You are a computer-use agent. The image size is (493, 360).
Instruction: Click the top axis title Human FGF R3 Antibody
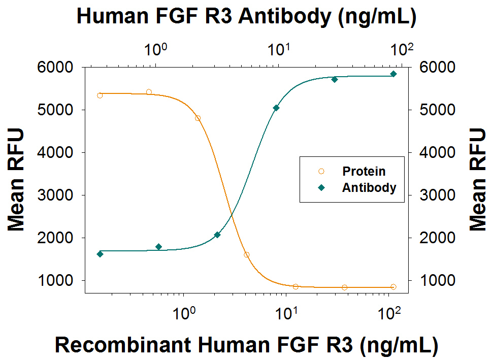(x=246, y=17)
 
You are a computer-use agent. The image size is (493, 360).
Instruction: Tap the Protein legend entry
(x=364, y=171)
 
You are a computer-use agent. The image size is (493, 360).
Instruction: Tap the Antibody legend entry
(x=369, y=187)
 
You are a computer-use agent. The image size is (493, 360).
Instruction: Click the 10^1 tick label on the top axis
(x=279, y=50)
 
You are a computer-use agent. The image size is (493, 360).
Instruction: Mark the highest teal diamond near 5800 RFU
(x=393, y=74)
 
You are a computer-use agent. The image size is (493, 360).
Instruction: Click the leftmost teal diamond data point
(x=100, y=254)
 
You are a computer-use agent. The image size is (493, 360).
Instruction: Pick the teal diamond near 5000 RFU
(x=276, y=108)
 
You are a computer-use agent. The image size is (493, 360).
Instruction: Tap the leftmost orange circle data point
(x=100, y=95)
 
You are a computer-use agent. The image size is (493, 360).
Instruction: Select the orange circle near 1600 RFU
(x=247, y=255)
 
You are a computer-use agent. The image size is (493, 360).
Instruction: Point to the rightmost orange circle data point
(x=393, y=287)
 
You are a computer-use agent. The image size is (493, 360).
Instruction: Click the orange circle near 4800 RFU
(x=198, y=118)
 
